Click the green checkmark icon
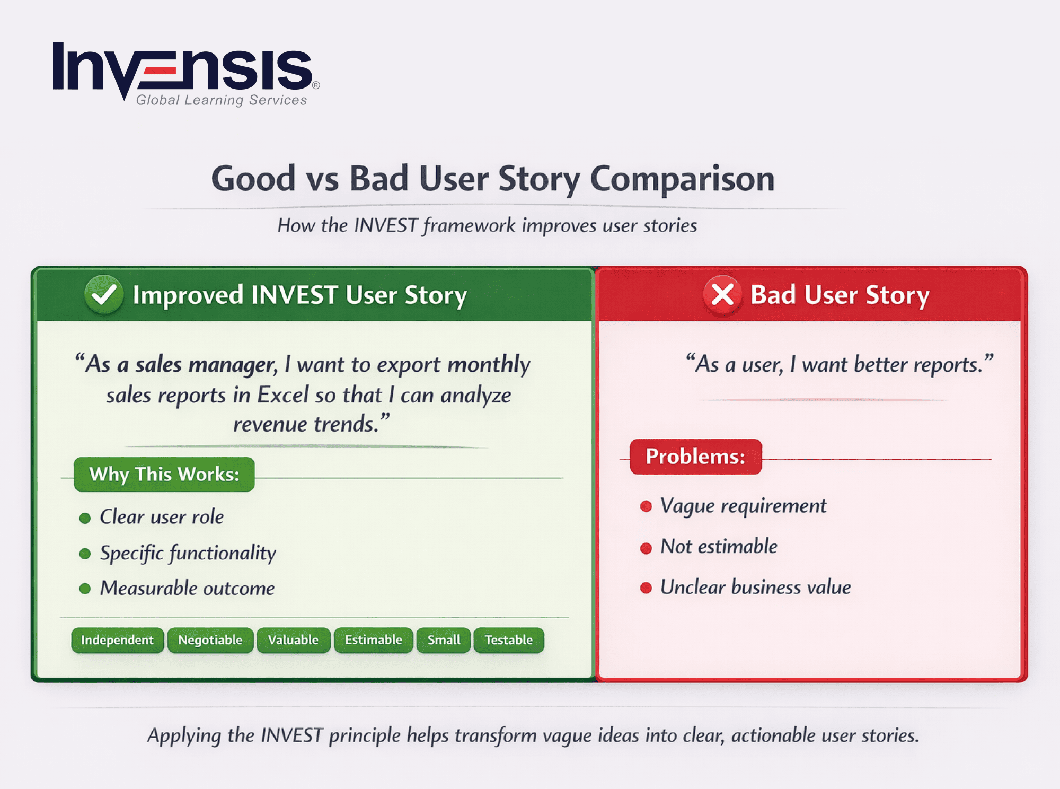104,294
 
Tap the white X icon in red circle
722,294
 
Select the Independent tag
117,640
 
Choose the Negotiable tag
210,640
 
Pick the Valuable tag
293,640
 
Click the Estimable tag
373,640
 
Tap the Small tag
444,640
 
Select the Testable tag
508,640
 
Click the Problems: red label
695,457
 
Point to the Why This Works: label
164,474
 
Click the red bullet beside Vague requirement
646,506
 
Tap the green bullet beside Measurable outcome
85,589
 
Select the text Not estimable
719,546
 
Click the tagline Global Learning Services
222,100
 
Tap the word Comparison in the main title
682,179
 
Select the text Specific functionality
188,553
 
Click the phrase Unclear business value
755,588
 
